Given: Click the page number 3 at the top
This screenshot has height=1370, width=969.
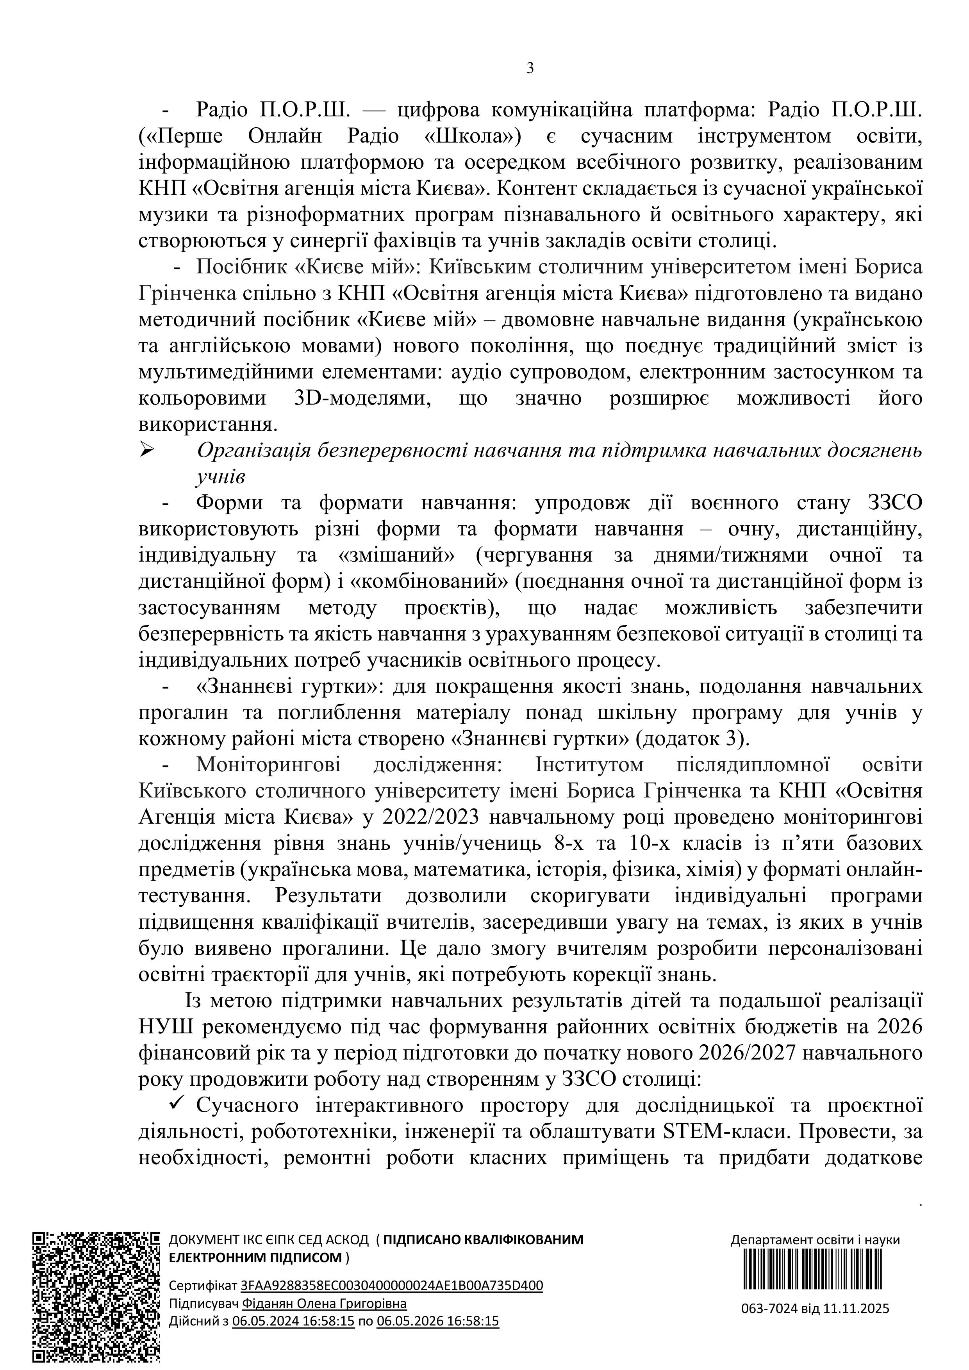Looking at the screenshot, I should pyautogui.click(x=530, y=69).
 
